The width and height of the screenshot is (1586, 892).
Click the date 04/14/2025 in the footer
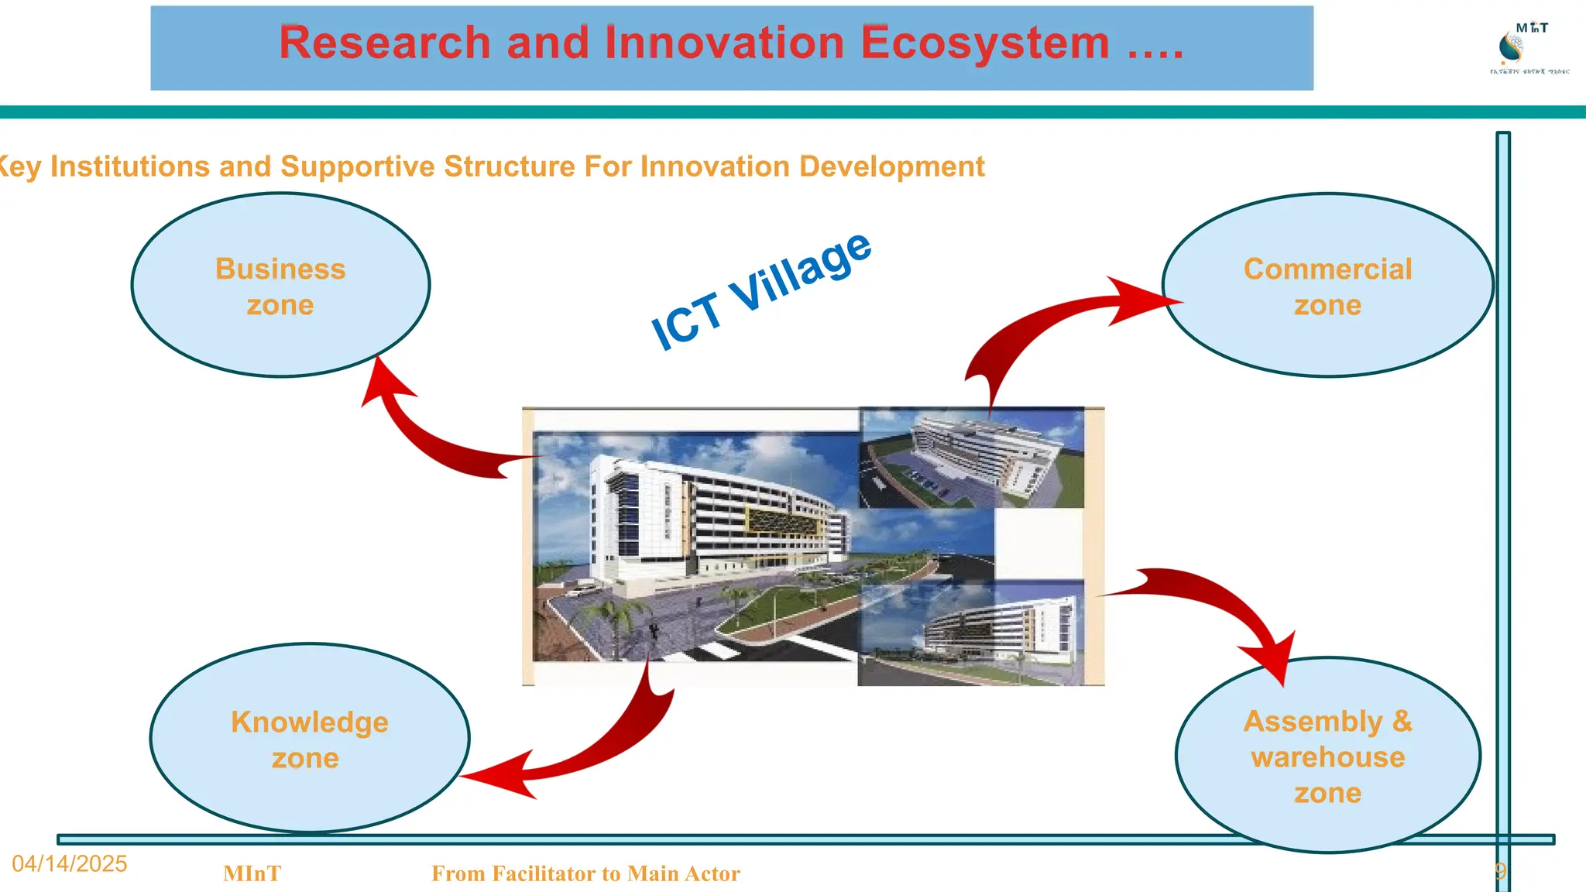point(70,864)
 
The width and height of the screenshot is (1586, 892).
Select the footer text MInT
point(252,873)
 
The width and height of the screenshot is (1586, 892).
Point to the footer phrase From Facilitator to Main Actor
point(585,873)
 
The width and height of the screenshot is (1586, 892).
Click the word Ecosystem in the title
point(984,43)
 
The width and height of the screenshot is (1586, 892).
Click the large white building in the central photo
point(697,527)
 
